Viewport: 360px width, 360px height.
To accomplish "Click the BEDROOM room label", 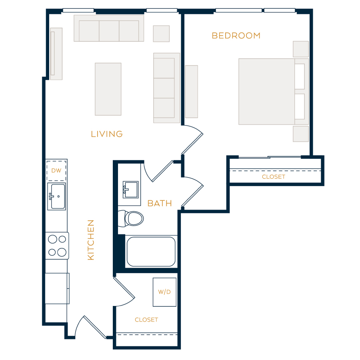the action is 236,36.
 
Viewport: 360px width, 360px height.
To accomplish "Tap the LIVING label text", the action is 107,134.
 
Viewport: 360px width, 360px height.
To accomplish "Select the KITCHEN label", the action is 91,240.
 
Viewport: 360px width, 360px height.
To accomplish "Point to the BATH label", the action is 160,203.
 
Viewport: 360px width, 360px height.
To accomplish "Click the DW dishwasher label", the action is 56,170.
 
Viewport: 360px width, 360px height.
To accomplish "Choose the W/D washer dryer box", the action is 165,292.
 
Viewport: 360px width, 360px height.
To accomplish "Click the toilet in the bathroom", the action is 131,218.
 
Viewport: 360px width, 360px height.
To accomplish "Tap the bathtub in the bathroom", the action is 151,252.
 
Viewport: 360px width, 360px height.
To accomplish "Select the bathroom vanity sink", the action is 131,190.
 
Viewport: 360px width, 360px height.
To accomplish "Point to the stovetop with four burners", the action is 57,246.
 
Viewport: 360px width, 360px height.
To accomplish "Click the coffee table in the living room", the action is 108,89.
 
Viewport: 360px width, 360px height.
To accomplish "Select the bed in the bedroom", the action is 274,92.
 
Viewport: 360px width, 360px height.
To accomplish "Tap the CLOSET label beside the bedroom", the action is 274,177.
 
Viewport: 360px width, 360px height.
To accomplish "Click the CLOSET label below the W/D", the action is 146,320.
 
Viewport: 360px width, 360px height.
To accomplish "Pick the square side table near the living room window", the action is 162,34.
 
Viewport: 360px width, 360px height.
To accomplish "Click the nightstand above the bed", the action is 301,49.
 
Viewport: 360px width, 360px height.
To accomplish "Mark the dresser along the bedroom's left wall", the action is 192,92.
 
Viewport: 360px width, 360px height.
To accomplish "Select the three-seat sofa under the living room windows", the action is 109,28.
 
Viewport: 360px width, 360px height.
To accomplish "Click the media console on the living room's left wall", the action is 56,54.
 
